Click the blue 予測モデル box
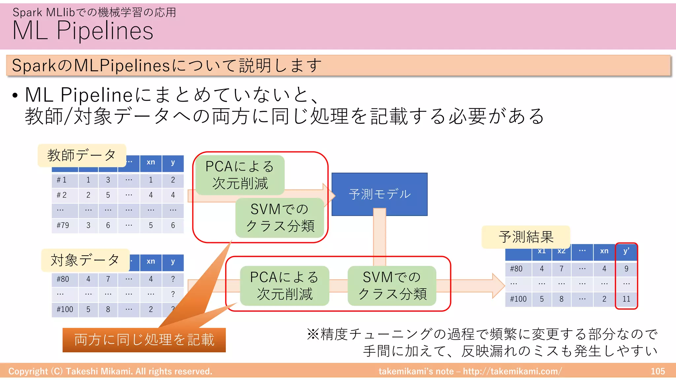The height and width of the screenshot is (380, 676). coord(379,194)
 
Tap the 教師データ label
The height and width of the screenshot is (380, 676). coord(82,155)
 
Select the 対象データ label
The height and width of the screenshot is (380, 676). coord(85,260)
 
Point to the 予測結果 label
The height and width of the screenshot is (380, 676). coord(526,237)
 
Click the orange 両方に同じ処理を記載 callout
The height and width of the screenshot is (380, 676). coord(144,340)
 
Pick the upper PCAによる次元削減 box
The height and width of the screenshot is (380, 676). coord(240,175)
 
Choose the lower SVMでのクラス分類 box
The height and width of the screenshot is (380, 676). coord(392,286)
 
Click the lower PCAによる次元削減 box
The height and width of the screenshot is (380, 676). coord(284,286)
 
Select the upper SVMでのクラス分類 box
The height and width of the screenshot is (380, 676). coord(280,218)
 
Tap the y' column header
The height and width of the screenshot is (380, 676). coord(626,251)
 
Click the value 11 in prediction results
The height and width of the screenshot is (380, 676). coord(626,299)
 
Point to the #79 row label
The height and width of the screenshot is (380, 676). coord(63,225)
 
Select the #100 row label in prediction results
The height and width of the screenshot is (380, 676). coord(518,299)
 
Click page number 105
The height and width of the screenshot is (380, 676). coord(658,371)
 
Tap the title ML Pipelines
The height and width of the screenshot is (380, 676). coord(83,31)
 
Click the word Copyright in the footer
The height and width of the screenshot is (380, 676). coord(28,371)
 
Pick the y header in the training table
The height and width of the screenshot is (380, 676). coord(173,163)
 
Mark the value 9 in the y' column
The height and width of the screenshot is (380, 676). coord(626,269)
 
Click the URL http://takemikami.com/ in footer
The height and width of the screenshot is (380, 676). coord(512,371)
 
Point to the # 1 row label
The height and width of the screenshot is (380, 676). coord(62,180)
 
